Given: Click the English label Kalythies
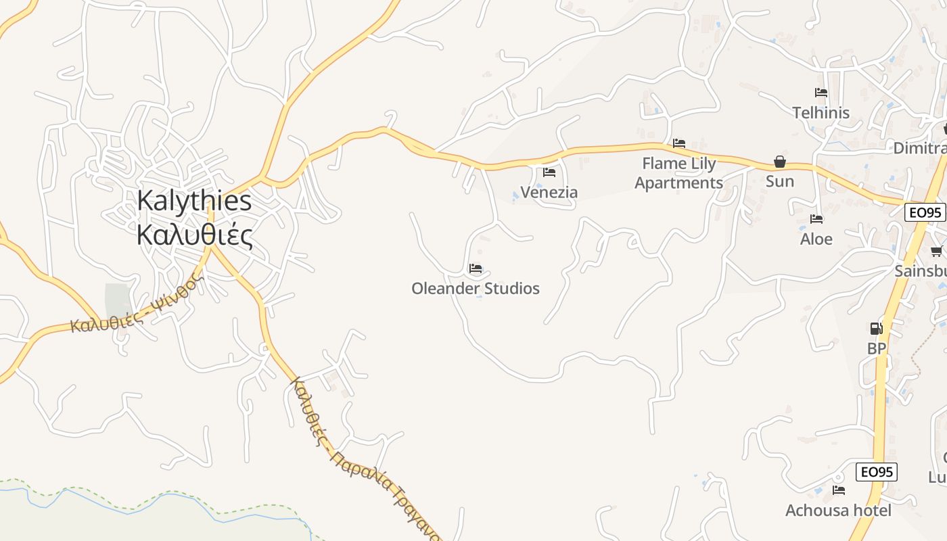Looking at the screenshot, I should tap(194, 201).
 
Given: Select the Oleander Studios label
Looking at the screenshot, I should tap(476, 289).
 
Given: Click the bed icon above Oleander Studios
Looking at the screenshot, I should tap(476, 268).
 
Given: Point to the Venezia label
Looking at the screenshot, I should tap(549, 193).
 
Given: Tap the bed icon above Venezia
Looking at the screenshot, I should tap(549, 172).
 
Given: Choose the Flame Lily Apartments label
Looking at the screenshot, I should tap(678, 173).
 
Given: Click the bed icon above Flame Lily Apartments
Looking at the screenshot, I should tap(679, 143).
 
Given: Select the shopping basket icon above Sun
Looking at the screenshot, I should tap(780, 162).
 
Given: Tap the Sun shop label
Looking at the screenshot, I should tap(780, 181).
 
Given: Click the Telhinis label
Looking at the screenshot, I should tap(821, 113).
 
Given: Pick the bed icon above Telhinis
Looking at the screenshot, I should tap(821, 93).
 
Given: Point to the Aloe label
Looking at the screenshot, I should tap(816, 239).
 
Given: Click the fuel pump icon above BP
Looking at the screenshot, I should tap(876, 329).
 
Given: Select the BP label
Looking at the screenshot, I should tap(877, 349).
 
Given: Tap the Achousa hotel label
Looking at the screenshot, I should tap(838, 511).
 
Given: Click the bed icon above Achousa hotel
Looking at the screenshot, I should tap(839, 490).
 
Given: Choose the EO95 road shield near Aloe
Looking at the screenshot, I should tap(925, 212).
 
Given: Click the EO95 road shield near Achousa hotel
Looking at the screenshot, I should tap(877, 472).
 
